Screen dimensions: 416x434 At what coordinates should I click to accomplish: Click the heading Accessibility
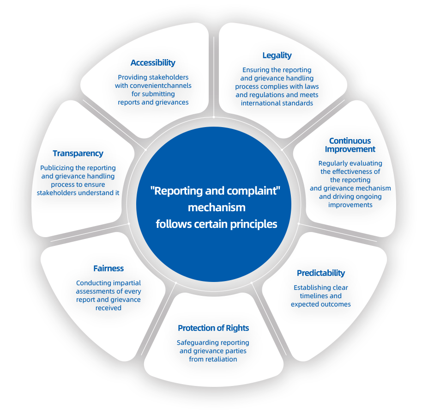pyautogui.click(x=153, y=63)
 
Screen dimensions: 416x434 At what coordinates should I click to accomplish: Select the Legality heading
pyautogui.click(x=277, y=55)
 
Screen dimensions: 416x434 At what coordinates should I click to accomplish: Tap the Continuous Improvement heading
pyautogui.click(x=350, y=145)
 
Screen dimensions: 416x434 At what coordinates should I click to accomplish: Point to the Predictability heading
pyautogui.click(x=321, y=273)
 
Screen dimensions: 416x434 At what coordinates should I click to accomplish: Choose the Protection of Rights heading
pyautogui.click(x=213, y=328)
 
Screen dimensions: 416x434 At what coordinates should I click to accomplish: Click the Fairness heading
pyautogui.click(x=108, y=269)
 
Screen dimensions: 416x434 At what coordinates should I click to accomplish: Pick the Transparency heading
pyautogui.click(x=78, y=153)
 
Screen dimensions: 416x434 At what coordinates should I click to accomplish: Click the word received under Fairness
pyautogui.click(x=108, y=308)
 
